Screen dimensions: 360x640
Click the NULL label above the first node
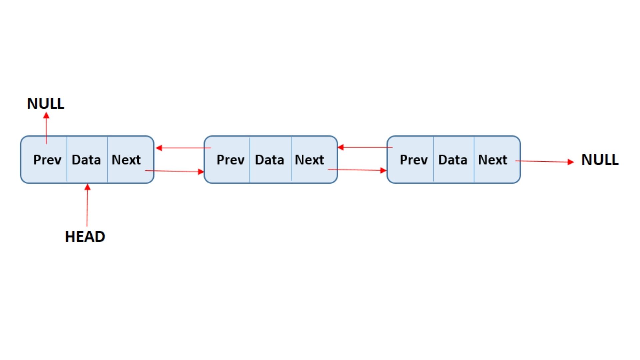click(x=45, y=104)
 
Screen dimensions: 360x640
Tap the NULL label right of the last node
click(x=600, y=160)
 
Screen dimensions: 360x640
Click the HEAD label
click(x=85, y=237)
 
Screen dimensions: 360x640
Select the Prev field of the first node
click(x=47, y=160)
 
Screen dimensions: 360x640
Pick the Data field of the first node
click(x=86, y=160)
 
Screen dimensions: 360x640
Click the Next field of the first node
click(x=126, y=160)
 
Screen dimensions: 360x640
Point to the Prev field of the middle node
click(x=230, y=160)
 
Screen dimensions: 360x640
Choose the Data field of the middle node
click(x=269, y=160)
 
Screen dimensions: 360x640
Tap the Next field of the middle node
click(x=309, y=160)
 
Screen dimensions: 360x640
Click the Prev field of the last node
click(x=414, y=160)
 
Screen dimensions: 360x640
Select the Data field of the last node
click(x=453, y=160)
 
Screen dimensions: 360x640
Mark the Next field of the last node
click(x=493, y=160)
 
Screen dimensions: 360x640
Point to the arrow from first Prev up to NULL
click(x=46, y=130)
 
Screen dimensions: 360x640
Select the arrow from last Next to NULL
click(x=544, y=162)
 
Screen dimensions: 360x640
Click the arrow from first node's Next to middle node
click(x=174, y=171)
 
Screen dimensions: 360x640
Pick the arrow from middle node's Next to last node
click(x=357, y=170)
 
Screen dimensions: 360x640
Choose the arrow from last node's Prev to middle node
click(x=365, y=147)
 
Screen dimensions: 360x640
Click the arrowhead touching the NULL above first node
click(x=46, y=115)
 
